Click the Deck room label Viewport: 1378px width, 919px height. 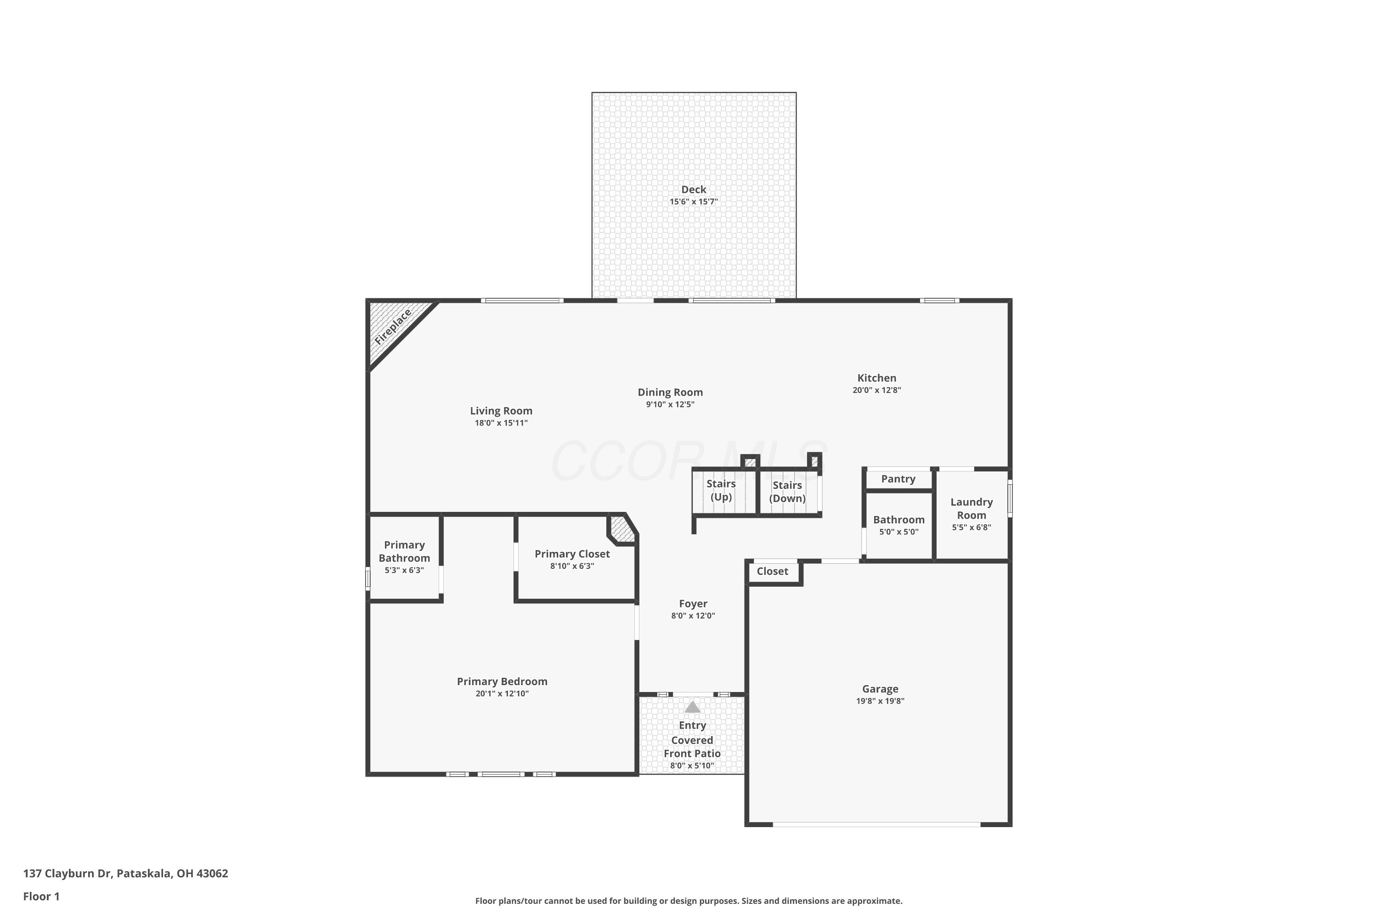(694, 189)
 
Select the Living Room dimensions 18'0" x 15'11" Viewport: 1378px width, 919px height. (501, 423)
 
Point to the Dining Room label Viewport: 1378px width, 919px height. (670, 392)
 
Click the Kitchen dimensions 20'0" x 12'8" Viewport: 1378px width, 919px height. (876, 390)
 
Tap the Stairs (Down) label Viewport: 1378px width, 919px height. (787, 492)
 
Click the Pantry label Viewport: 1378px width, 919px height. (898, 479)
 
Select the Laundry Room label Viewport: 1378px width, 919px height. (971, 509)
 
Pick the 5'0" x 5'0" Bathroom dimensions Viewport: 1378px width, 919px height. (899, 532)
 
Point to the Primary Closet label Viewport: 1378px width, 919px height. (572, 554)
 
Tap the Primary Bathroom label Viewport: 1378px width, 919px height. (404, 551)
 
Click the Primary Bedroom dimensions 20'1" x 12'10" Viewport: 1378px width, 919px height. (502, 694)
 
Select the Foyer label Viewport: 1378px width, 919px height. (693, 604)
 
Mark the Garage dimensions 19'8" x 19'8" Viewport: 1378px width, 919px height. (880, 701)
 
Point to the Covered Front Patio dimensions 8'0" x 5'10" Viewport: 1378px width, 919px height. (692, 766)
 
